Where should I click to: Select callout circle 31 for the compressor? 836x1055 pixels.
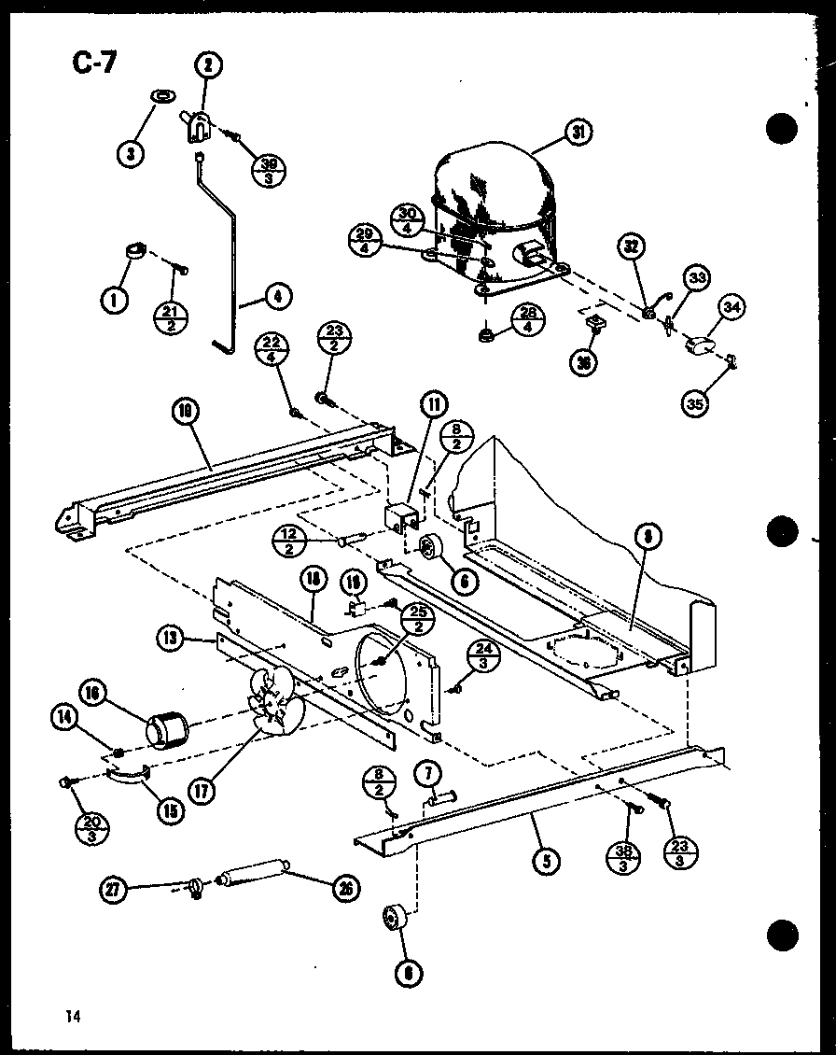pos(578,134)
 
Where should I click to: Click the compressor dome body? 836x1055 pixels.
pos(490,201)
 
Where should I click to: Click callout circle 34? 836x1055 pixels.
pos(732,308)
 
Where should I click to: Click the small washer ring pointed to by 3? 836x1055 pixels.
pos(161,95)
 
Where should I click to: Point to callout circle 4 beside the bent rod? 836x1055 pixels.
pos(277,297)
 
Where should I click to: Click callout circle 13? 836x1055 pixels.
pos(170,640)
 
